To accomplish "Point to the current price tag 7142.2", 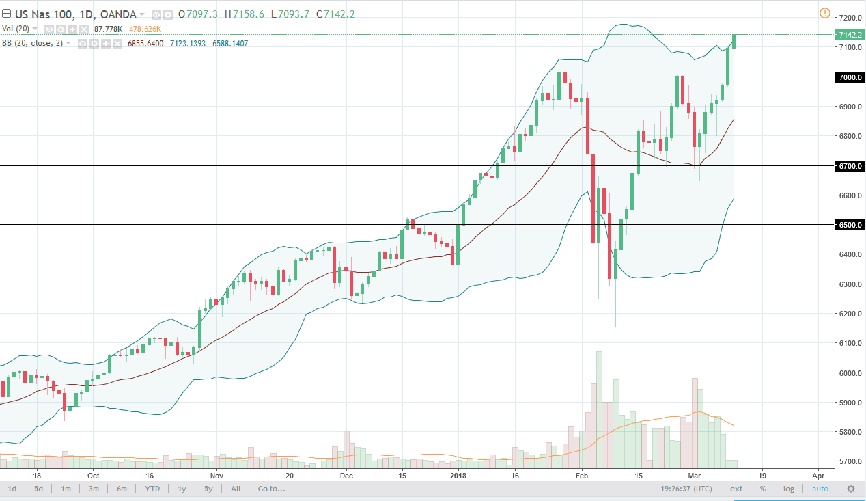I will pyautogui.click(x=849, y=35).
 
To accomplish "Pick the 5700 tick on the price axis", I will pyautogui.click(x=849, y=461).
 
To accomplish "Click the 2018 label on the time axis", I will pyautogui.click(x=458, y=475).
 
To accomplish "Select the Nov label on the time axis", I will pyautogui.click(x=216, y=475).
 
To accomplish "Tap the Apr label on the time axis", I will pyautogui.click(x=818, y=475).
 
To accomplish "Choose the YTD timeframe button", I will pyautogui.click(x=152, y=489).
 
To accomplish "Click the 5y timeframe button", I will pyautogui.click(x=208, y=489).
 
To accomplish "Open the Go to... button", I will pyautogui.click(x=271, y=489).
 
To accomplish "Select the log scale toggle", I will pyautogui.click(x=789, y=489).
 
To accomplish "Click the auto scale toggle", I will pyautogui.click(x=820, y=489).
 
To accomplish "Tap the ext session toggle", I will pyautogui.click(x=736, y=489).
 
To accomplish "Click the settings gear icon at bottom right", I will pyautogui.click(x=851, y=489).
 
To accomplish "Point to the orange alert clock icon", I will pyautogui.click(x=824, y=13).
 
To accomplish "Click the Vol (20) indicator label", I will pyautogui.click(x=15, y=29).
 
